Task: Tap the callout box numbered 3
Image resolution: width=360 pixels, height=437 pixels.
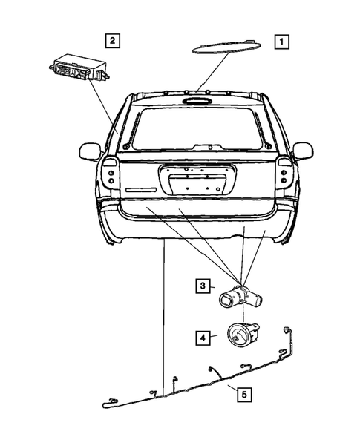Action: (202, 284)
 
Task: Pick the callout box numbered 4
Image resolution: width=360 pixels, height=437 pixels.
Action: (202, 337)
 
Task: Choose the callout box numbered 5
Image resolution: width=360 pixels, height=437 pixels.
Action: (243, 394)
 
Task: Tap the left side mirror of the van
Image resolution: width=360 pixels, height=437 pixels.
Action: (89, 152)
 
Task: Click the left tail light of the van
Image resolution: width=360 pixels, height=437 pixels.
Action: (110, 174)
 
